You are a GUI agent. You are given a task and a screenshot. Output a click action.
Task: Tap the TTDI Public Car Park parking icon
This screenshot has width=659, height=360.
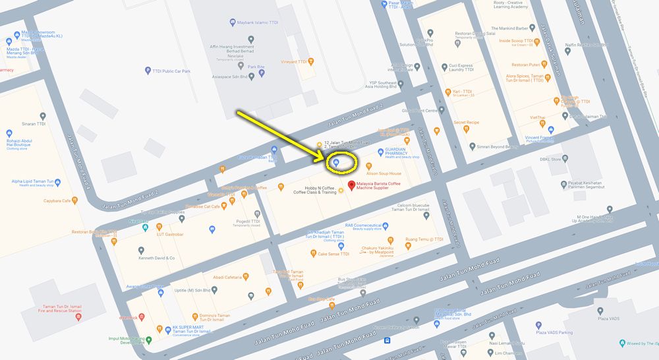click(x=148, y=71)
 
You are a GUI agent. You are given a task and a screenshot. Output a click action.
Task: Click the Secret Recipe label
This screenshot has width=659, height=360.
click(x=467, y=122)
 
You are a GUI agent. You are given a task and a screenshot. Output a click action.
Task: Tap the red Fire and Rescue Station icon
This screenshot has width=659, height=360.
click(x=78, y=318)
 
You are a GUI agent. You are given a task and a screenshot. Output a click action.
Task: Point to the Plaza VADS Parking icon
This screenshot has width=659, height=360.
click(x=538, y=324)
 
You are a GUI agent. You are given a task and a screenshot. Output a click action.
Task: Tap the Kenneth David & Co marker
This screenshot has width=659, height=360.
click(x=141, y=251)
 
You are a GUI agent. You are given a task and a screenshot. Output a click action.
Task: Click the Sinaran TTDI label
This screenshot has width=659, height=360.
click(x=32, y=123)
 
